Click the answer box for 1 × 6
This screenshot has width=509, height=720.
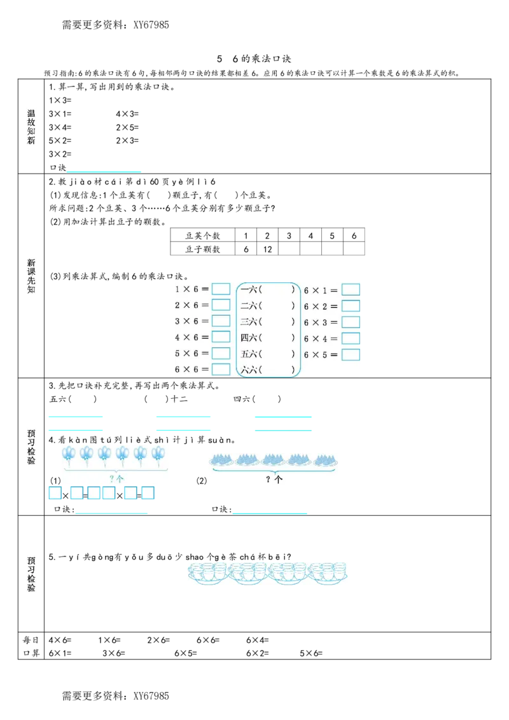pos(221,289)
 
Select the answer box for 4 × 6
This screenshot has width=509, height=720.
pos(221,337)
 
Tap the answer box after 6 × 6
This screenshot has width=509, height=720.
pos(221,369)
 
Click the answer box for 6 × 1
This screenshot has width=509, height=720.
pos(351,290)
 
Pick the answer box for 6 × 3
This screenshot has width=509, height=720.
pos(351,322)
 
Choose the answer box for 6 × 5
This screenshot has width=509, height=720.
pos(351,355)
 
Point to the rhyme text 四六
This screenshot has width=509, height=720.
pos(249,338)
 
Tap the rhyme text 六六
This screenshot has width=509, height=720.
pos(249,370)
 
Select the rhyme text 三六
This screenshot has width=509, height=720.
pos(249,322)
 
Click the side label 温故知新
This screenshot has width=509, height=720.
pos(32,127)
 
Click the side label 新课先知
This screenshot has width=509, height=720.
pos(32,276)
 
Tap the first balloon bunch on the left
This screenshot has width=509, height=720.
pos(69,453)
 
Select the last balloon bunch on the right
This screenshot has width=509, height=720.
pos(158,453)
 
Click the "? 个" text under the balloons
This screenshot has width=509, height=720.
pos(116,478)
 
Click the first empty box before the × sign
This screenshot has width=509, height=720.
pos(55,493)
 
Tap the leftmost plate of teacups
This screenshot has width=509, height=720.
pos(207,571)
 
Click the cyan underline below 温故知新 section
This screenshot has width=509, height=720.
pos(104,170)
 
